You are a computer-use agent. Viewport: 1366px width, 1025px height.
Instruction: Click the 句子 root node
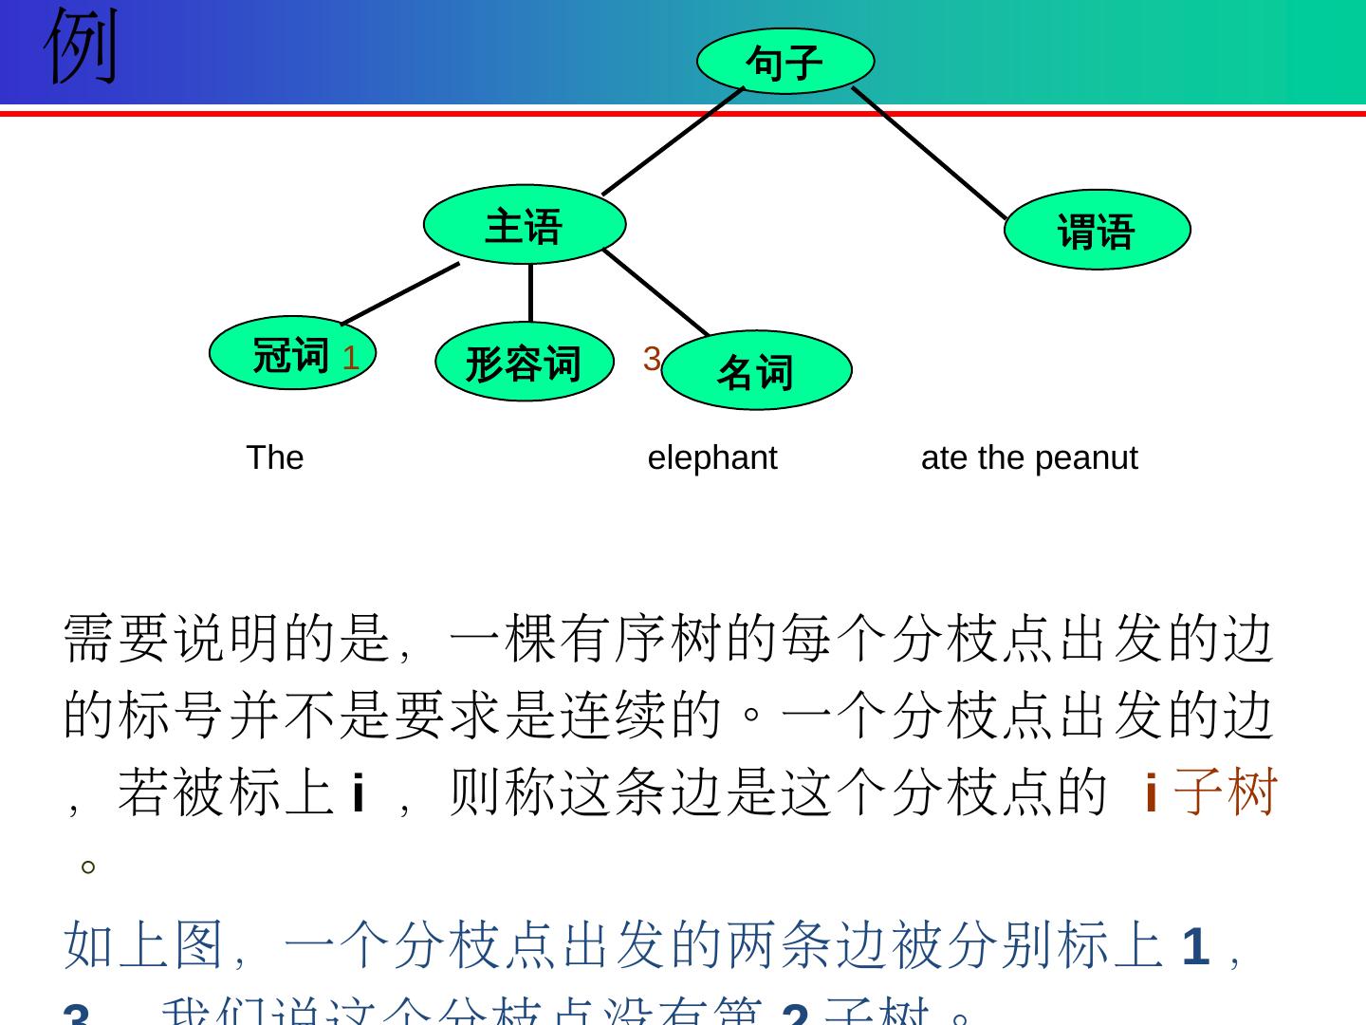[785, 62]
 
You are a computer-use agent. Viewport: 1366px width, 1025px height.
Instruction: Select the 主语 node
[525, 225]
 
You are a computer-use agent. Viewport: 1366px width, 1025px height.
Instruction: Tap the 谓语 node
[1097, 231]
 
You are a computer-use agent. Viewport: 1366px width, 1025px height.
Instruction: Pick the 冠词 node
[290, 354]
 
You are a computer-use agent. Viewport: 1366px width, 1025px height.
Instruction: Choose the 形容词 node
[524, 363]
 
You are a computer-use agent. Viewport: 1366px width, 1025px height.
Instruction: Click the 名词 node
[756, 371]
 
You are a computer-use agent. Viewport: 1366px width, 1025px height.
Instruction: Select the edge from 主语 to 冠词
[400, 293]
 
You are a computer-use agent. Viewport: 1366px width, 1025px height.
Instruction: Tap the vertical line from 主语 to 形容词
[530, 293]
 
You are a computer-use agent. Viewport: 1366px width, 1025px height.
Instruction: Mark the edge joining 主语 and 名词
[656, 293]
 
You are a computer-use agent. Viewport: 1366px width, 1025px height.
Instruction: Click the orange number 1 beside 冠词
[350, 359]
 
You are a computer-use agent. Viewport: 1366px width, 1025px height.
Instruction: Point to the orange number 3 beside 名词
[651, 359]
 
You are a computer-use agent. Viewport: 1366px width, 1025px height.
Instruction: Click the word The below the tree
[275, 457]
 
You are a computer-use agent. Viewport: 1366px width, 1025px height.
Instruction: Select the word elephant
[712, 457]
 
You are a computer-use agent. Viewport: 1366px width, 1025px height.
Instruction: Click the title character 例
[82, 46]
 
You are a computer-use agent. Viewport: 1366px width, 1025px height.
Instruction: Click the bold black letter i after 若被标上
[358, 792]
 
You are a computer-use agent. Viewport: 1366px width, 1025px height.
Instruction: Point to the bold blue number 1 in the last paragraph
[1195, 946]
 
